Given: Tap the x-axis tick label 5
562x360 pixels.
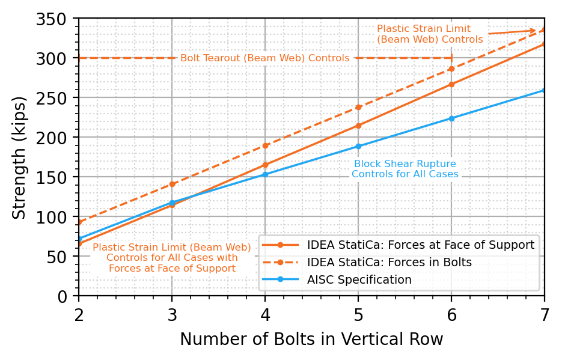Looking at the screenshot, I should coord(358,313).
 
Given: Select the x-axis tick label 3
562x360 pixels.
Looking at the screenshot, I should coord(172,313).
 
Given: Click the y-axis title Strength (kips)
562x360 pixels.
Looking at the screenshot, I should coord(20,157).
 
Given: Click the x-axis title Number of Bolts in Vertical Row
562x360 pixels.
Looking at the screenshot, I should coord(311,340).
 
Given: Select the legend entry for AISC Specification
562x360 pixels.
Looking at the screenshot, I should coord(359,279).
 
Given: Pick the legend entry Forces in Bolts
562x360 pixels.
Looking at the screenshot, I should coord(389,263).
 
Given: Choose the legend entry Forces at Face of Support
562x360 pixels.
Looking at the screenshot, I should coord(420,245).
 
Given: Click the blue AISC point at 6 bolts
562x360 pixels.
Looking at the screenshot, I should coord(451,118).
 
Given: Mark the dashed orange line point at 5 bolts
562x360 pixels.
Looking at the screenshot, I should coord(358,107).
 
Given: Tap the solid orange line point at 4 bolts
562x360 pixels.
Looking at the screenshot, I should coord(265,165).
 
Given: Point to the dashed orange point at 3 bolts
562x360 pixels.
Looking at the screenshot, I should coord(172,184).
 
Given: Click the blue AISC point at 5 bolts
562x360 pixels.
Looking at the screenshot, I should coord(358,146).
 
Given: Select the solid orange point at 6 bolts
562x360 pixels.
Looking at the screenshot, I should coord(451,84).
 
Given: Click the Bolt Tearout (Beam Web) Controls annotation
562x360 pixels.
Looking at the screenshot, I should coord(265,58).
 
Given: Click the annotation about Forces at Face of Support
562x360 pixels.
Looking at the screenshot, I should coord(172,257).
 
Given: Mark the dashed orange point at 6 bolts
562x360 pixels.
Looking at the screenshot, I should coord(451,69).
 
